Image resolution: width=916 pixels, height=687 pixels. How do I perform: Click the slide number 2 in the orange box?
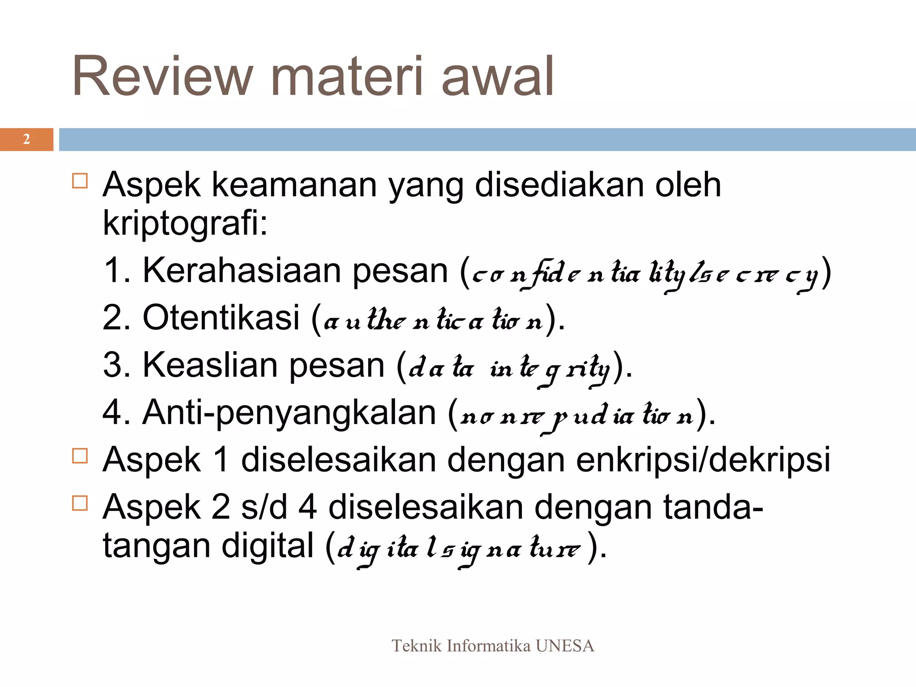point(26,140)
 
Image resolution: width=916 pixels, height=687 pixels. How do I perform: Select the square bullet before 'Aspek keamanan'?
point(80,181)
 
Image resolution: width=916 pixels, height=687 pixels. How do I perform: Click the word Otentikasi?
point(221,318)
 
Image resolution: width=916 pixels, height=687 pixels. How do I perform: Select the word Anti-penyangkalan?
point(289,412)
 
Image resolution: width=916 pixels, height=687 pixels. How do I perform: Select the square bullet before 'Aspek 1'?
point(80,456)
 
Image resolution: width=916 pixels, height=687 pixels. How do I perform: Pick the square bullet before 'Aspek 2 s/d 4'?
point(80,503)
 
